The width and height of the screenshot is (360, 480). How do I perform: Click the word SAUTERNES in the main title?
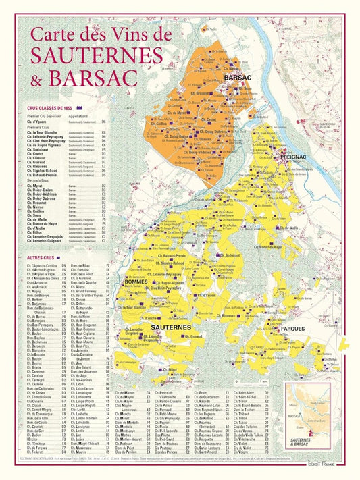pos(94,53)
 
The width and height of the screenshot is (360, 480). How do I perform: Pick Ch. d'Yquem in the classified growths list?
pos(37,122)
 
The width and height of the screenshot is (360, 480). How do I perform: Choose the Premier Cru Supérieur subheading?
pos(44,116)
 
